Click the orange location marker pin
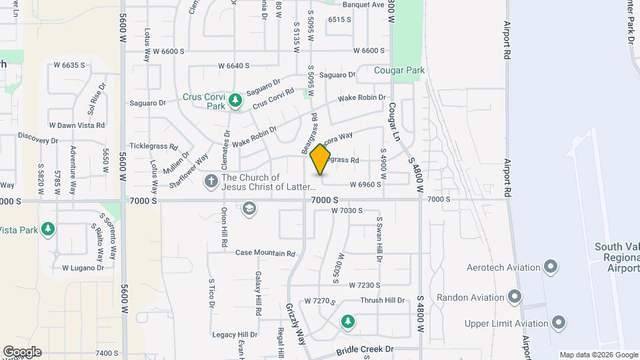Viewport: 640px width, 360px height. (x=321, y=159)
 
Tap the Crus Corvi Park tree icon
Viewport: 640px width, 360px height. (x=235, y=101)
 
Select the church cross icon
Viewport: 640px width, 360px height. (x=211, y=181)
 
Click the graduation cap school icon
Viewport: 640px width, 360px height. (x=249, y=209)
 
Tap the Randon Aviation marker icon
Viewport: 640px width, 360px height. (x=514, y=295)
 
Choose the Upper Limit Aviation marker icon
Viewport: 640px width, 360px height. (x=559, y=323)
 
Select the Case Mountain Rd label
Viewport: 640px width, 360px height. (x=265, y=253)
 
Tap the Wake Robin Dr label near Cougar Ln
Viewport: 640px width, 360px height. (x=361, y=98)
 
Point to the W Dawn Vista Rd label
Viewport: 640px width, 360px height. (x=77, y=125)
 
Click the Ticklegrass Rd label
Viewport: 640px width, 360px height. (x=154, y=146)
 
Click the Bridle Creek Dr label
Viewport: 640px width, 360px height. (x=365, y=349)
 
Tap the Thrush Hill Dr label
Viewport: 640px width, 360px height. (x=382, y=301)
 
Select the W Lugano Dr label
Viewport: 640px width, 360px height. (x=83, y=268)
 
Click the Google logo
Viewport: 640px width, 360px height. (x=21, y=351)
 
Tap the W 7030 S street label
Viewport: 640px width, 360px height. (x=347, y=211)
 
